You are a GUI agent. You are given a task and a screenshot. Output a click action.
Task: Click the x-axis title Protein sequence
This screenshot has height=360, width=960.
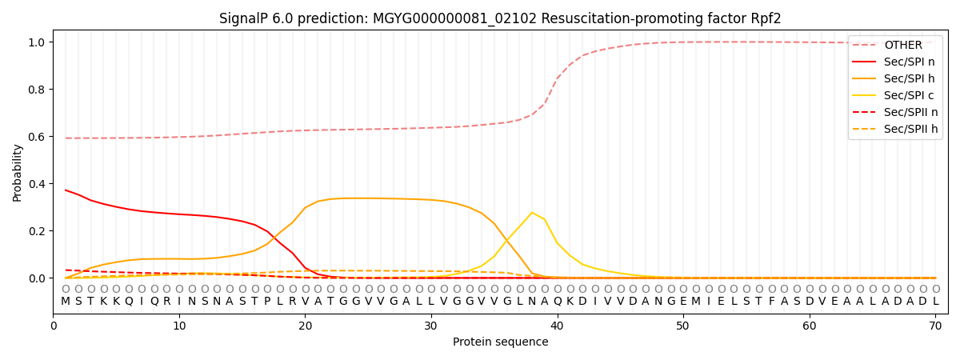tap(501, 342)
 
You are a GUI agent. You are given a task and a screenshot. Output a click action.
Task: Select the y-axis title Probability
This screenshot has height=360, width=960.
tap(18, 172)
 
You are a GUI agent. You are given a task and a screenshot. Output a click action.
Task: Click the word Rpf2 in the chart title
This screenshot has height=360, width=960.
tap(765, 18)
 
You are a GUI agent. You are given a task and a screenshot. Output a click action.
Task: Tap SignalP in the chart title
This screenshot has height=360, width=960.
tap(243, 18)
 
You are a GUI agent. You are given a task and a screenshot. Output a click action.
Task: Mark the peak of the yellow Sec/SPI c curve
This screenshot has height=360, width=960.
tap(532, 213)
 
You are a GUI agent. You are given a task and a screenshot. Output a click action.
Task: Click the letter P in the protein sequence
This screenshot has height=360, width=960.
tap(267, 302)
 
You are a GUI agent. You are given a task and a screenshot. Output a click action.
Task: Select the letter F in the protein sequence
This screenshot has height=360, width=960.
tap(771, 302)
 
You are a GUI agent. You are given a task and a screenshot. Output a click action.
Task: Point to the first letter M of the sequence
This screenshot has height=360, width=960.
tap(66, 302)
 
